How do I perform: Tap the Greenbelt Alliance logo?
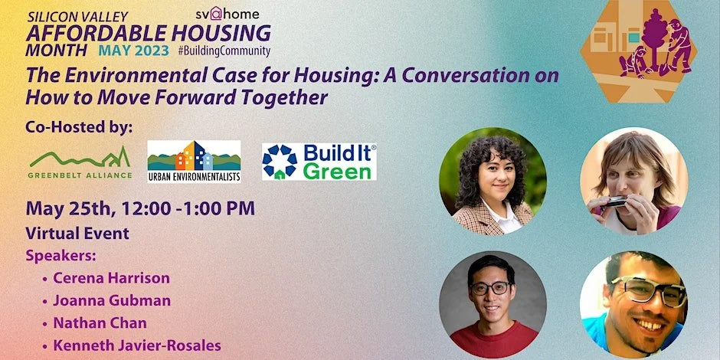point(80,162)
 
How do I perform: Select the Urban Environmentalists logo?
point(194,161)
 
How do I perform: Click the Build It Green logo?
point(319,161)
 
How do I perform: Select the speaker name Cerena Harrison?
point(111,277)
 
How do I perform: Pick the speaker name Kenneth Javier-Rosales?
point(136,345)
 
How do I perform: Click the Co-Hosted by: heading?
point(79,126)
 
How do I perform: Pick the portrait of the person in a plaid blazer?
point(493,181)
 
